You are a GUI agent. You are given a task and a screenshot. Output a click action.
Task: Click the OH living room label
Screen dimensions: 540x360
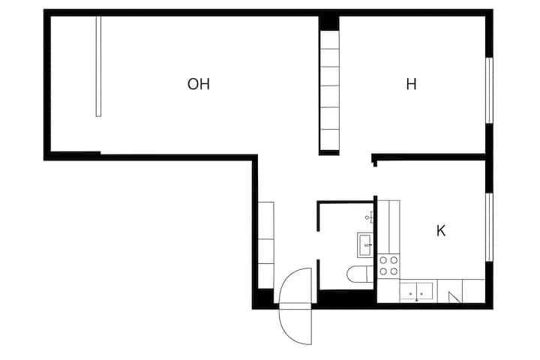point(198,84)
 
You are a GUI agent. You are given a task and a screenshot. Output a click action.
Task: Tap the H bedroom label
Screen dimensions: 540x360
point(411,84)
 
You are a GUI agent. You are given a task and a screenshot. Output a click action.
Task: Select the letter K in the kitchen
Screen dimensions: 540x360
point(441,231)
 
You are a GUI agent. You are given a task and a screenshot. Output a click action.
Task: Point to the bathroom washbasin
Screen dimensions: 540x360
point(365,245)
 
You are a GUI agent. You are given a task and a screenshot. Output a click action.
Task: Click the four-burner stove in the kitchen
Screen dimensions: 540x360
point(388,265)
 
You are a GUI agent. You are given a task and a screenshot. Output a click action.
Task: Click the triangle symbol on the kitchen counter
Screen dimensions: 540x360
point(454,297)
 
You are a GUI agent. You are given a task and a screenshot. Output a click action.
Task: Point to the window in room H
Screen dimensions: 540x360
point(489,91)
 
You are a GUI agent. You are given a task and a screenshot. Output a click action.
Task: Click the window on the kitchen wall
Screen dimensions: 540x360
point(489,227)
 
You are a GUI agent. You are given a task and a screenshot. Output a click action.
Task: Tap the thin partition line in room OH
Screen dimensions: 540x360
point(98,67)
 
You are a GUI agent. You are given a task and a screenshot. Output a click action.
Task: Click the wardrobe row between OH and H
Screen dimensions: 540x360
point(329,91)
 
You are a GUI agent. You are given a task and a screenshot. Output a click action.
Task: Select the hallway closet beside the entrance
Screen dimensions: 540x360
point(266,245)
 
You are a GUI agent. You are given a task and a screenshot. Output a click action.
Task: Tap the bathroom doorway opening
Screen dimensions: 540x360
point(318,245)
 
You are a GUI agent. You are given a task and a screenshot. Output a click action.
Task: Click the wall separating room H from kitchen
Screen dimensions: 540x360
point(429,157)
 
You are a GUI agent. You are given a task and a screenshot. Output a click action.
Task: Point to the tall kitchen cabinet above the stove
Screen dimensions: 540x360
point(388,226)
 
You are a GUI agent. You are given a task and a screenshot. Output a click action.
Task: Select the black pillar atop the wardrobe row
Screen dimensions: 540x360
point(329,23)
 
